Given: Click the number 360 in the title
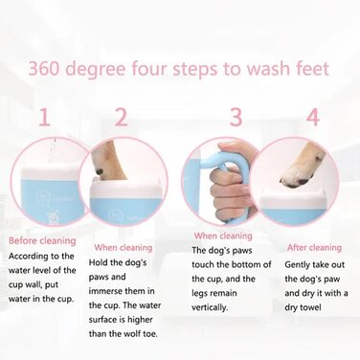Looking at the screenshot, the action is tap(44, 69).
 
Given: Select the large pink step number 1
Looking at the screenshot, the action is tap(44, 117).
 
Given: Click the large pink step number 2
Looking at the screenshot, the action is tap(122, 117).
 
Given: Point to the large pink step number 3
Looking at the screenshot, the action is tap(236, 117).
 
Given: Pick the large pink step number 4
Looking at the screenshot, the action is tap(313, 117).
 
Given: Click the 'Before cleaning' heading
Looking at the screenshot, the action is tap(42, 240).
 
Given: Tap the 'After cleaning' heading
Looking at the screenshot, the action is tap(314, 248).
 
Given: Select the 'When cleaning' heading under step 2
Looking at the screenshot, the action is tap(124, 248).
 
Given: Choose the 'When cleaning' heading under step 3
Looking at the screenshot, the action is tap(223, 236).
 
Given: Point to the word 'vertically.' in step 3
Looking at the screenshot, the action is tap(209, 307).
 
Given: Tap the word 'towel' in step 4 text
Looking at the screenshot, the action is tap(310, 307).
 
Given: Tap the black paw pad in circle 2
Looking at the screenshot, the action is tap(100, 171).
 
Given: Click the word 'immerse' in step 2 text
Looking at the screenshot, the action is tap(105, 291).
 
